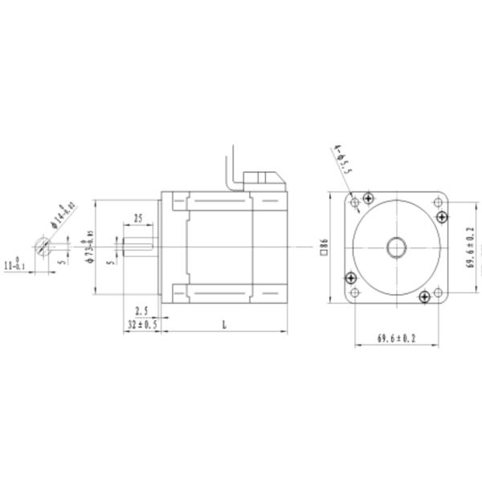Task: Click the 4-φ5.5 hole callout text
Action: pyautogui.click(x=342, y=160)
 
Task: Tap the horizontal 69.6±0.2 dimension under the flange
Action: pyautogui.click(x=396, y=339)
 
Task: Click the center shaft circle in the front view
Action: pyautogui.click(x=396, y=247)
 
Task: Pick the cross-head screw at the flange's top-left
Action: pyautogui.click(x=368, y=198)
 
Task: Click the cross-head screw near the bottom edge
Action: pyautogui.click(x=425, y=298)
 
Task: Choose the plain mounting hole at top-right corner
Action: pyautogui.click(x=438, y=202)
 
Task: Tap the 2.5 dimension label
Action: pyautogui.click(x=142, y=310)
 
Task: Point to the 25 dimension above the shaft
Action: pyautogui.click(x=138, y=218)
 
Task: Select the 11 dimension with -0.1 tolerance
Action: pyautogui.click(x=14, y=263)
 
